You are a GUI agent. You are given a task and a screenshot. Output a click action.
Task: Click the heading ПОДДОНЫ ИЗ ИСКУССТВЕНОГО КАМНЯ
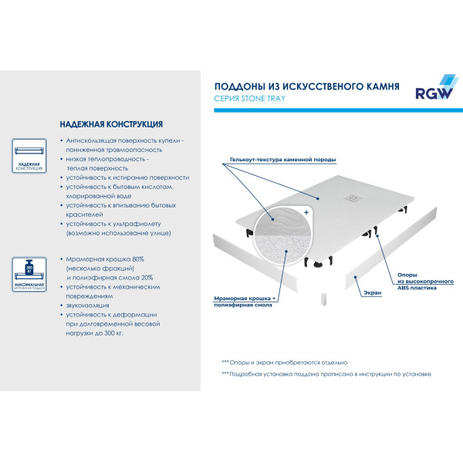306,87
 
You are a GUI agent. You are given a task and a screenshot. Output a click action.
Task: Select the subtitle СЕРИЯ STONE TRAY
254,100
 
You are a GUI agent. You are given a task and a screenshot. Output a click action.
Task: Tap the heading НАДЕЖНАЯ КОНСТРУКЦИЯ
110,124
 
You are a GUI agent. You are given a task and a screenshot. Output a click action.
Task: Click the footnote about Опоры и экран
284,362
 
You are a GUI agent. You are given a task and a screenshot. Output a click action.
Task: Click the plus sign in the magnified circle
306,211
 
